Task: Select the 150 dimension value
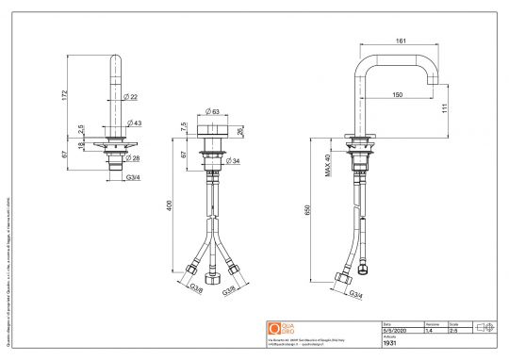pos(399,95)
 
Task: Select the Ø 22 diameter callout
pos(131,97)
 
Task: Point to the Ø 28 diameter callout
pos(135,158)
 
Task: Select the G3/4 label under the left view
pos(134,176)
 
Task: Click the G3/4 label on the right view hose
pos(358,296)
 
